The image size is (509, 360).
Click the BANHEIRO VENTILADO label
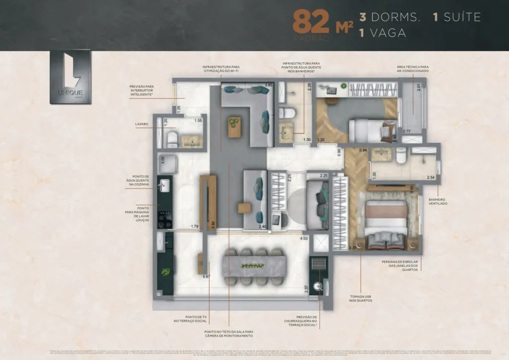[437, 201]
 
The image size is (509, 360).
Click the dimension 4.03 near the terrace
[304, 239]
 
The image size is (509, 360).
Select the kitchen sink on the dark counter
[164, 185]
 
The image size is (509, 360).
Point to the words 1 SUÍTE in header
[456, 17]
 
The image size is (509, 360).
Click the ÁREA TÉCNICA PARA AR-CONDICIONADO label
[413, 69]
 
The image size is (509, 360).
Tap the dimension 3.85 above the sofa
[268, 85]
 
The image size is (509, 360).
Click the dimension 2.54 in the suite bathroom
[430, 177]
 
